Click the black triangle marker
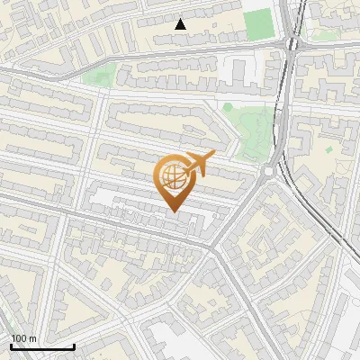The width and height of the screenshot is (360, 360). pyautogui.click(x=181, y=24)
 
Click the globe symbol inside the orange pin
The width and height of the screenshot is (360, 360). pyautogui.click(x=172, y=176)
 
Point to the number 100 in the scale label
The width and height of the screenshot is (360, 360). pyautogui.click(x=20, y=338)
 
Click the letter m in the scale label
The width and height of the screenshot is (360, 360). pyautogui.click(x=33, y=338)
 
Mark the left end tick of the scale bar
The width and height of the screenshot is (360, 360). pyautogui.click(x=10, y=346)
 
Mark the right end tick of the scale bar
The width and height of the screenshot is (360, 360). pyautogui.click(x=74, y=346)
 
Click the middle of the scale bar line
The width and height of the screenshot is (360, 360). pyautogui.click(x=42, y=347)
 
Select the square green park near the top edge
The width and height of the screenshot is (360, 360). pyautogui.click(x=257, y=23)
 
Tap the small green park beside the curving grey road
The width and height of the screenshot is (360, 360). pyautogui.click(x=100, y=75)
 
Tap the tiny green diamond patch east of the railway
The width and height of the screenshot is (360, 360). pyautogui.click(x=329, y=148)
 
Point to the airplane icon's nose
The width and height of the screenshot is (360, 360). pyautogui.click(x=213, y=157)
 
